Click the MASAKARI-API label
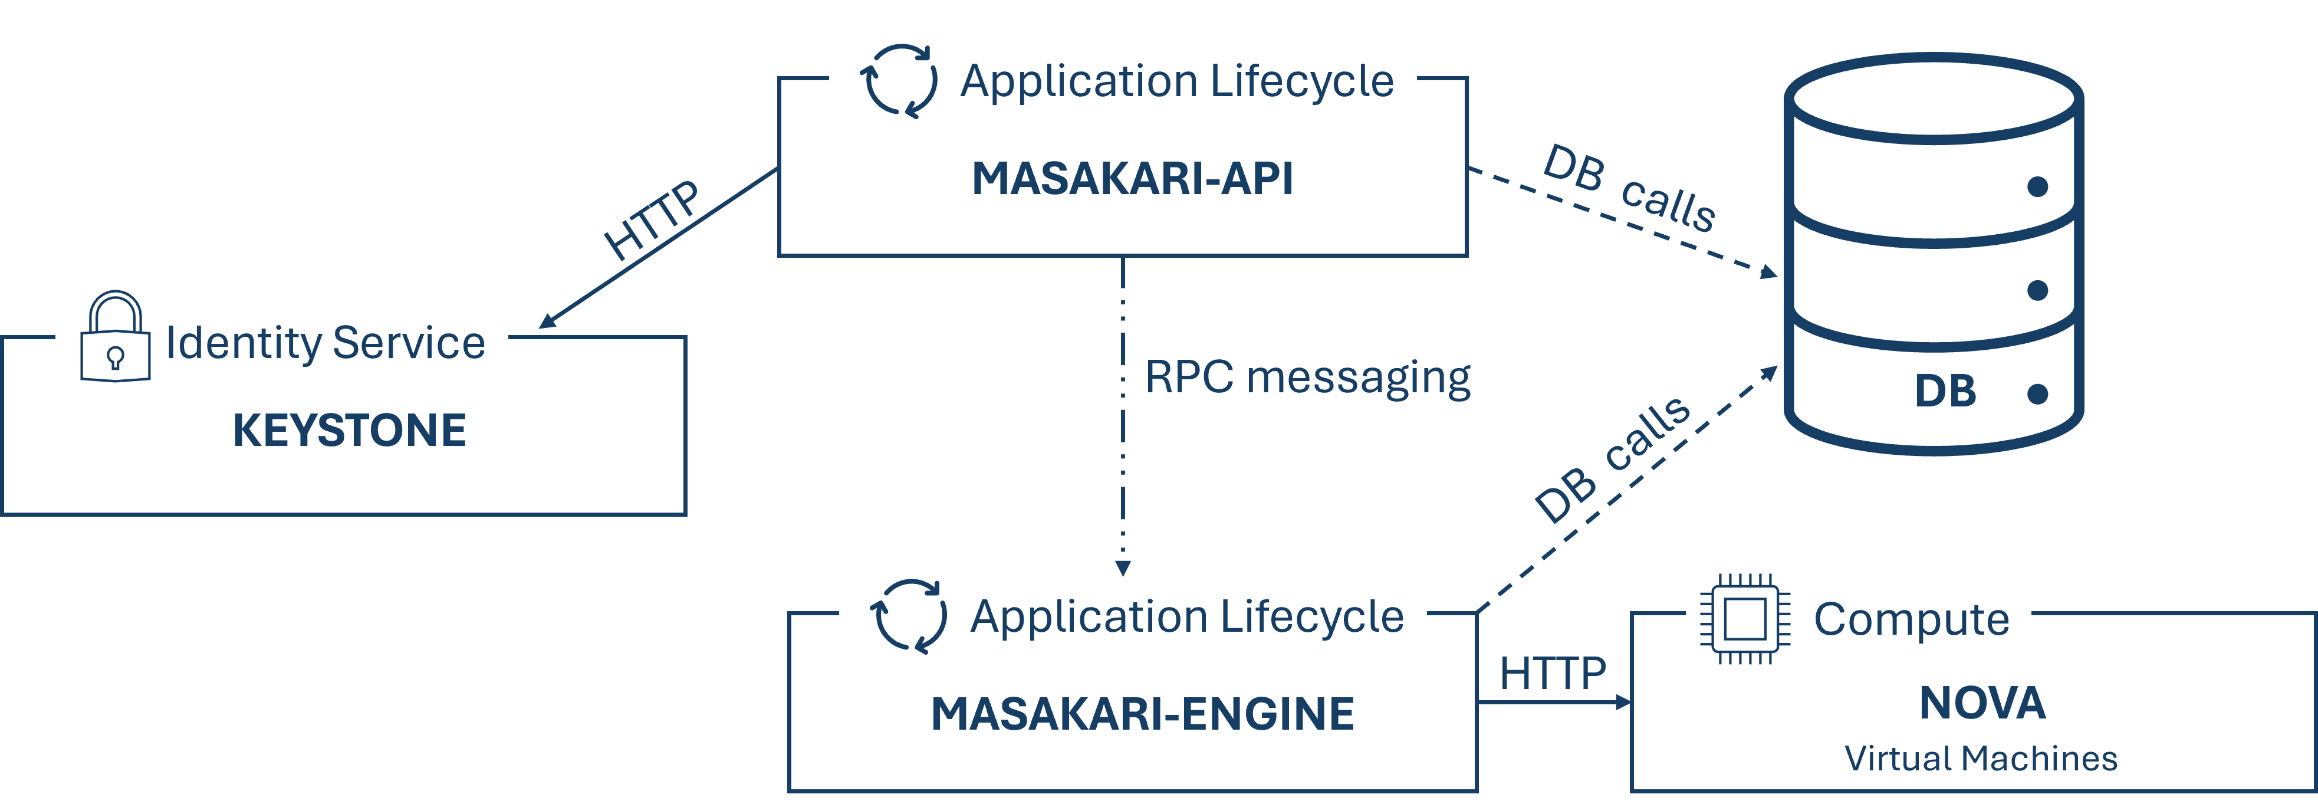click(x=1132, y=179)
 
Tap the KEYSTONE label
click(x=349, y=431)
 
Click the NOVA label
click(x=1982, y=703)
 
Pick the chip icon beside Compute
click(x=1744, y=621)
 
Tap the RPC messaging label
click(x=1307, y=378)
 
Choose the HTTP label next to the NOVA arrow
click(x=1552, y=674)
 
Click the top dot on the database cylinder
click(x=2037, y=186)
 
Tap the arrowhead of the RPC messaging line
click(x=1122, y=568)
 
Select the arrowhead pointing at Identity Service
click(x=546, y=321)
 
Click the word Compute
click(x=1911, y=619)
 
